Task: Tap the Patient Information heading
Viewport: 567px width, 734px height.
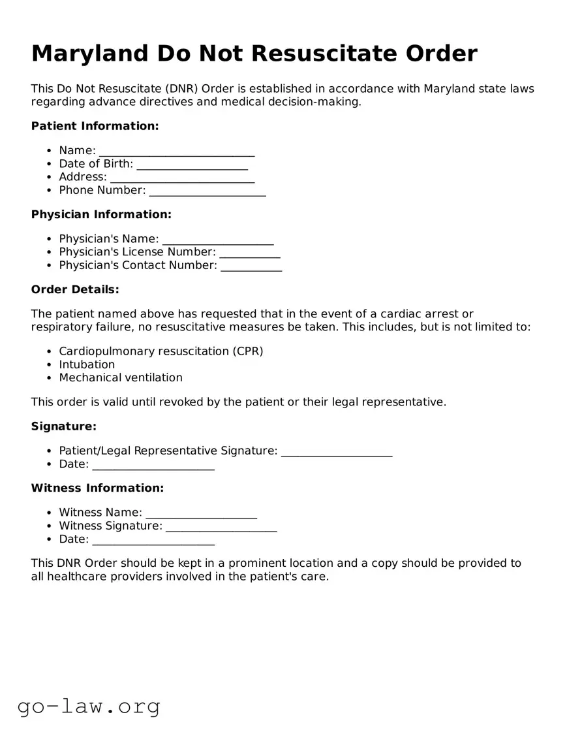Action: [x=95, y=126]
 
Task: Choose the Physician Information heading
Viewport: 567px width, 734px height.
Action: [x=101, y=214]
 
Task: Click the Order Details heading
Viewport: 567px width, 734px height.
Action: [x=75, y=289]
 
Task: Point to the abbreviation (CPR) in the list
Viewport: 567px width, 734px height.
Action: [x=247, y=351]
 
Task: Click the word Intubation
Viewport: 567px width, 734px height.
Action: [x=87, y=364]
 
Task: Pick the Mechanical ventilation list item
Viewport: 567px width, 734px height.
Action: [x=121, y=377]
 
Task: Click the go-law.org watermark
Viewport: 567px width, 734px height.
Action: [x=89, y=706]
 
